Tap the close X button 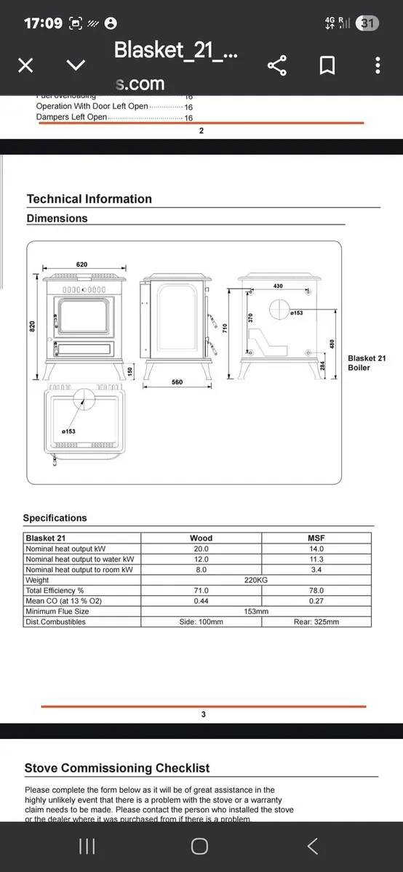tap(25, 66)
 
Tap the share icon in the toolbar tap(277, 66)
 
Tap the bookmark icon tap(327, 66)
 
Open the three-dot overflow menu tap(377, 66)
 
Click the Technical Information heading tap(89, 199)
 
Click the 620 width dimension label tap(81, 265)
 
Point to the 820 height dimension tap(31, 327)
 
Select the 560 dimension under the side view tap(177, 382)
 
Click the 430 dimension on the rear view tap(278, 286)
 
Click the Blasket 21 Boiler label tap(367, 363)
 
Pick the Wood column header tap(201, 538)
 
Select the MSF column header tap(316, 538)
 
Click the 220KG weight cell tap(255, 581)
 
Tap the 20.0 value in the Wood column tap(201, 549)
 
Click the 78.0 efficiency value tap(316, 591)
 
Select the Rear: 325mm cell tap(316, 622)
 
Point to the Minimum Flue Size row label tap(57, 612)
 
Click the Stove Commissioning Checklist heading tap(117, 768)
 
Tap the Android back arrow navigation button tap(312, 846)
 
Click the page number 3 tap(203, 714)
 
